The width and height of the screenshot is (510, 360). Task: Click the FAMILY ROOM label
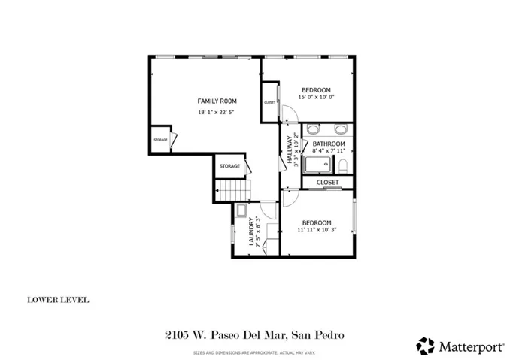tap(217, 101)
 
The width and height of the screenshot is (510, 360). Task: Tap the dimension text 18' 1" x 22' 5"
tap(217, 112)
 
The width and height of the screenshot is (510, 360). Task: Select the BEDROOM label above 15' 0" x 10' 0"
tap(315, 89)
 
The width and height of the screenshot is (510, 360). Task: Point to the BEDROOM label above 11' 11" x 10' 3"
tap(317, 222)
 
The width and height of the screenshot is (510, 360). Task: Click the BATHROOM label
tap(329, 144)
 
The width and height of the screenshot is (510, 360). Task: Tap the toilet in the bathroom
tap(343, 165)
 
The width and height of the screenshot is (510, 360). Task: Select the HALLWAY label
tap(289, 148)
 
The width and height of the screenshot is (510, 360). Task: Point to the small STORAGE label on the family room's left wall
tap(160, 140)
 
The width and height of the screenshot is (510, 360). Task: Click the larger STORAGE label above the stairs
tap(230, 166)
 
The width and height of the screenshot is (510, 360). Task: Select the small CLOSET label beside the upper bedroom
tap(269, 103)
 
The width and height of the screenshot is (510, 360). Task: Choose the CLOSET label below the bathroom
tap(327, 182)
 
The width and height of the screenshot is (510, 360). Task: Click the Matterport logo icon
tap(425, 345)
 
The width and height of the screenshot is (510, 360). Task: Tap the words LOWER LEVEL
tap(58, 300)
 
